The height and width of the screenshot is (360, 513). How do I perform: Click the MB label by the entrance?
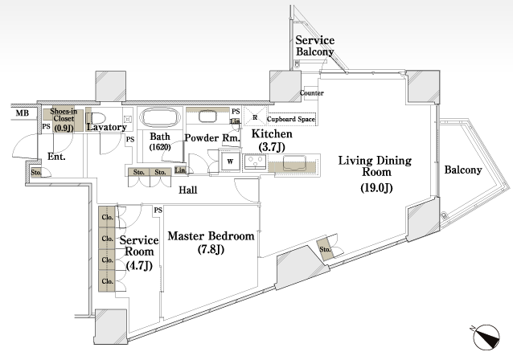click(x=23, y=113)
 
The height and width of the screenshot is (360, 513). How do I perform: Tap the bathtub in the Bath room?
click(x=160, y=117)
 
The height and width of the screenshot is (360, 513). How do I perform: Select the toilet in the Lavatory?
click(x=96, y=118)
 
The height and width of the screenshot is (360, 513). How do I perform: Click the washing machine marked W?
click(x=230, y=161)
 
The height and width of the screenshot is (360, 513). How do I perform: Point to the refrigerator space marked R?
click(x=255, y=117)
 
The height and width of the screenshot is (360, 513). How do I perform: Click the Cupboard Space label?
click(x=291, y=120)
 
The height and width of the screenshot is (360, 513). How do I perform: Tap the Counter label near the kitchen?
click(x=312, y=93)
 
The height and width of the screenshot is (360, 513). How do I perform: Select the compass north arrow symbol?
click(x=486, y=337)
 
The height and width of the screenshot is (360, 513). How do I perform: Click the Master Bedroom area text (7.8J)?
click(x=211, y=249)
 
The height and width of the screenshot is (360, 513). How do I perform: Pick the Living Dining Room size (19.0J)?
click(x=376, y=188)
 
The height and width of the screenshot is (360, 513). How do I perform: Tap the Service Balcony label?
click(x=314, y=46)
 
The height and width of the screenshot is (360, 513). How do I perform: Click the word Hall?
click(x=188, y=190)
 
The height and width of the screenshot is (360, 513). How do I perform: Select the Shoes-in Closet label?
click(x=64, y=119)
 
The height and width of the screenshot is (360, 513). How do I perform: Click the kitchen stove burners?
click(x=255, y=162)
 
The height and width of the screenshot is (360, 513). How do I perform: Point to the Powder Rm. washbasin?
click(x=207, y=117)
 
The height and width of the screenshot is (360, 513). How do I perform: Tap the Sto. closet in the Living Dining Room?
click(x=325, y=250)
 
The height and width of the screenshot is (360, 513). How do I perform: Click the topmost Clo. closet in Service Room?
click(x=107, y=217)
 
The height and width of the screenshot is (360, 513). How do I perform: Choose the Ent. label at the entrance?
click(x=56, y=157)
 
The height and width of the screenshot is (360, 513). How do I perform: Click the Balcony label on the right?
click(x=463, y=170)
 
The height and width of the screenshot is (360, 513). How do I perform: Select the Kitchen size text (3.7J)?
click(x=272, y=147)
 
